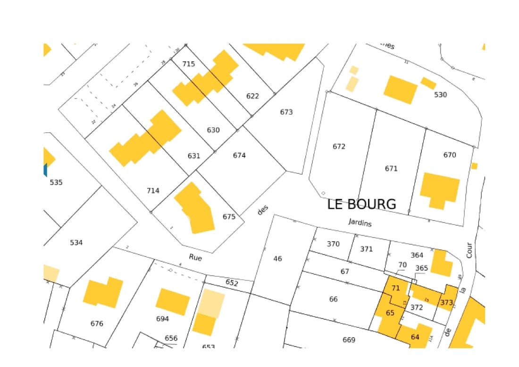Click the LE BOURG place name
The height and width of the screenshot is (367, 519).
(361, 204)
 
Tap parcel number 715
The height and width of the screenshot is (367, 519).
(188, 64)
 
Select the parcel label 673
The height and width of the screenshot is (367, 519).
(286, 112)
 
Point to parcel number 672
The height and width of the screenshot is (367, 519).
(339, 146)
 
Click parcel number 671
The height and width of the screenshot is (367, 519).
(391, 168)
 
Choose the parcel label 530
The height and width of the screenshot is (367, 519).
(440, 94)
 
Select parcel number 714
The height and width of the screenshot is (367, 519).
(153, 190)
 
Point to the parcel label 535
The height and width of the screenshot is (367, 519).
(56, 182)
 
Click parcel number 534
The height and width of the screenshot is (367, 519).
(76, 242)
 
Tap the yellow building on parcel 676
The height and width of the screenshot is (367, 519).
(103, 292)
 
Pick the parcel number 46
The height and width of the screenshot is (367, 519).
(277, 258)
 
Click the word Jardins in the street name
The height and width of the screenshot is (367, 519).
(360, 222)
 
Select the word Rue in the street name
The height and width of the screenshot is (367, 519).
(195, 257)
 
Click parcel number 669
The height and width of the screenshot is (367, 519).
(349, 340)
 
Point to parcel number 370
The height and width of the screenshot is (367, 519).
(333, 244)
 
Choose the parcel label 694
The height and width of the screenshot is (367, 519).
(162, 318)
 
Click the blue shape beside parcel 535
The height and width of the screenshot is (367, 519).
(45, 170)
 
